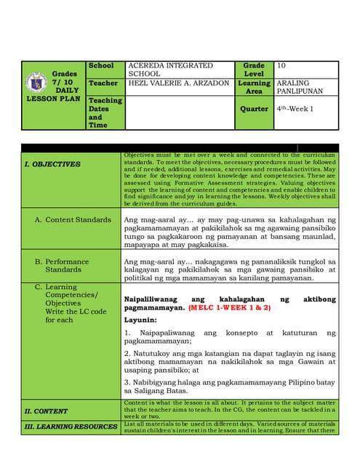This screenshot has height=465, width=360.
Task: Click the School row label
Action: point(101,65)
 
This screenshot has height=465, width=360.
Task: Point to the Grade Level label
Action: point(254,70)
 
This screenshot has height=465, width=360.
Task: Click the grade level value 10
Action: point(281,65)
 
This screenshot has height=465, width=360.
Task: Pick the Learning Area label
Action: point(254,88)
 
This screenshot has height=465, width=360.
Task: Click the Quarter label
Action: point(255,108)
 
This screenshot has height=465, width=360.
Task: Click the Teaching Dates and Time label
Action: point(105,113)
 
